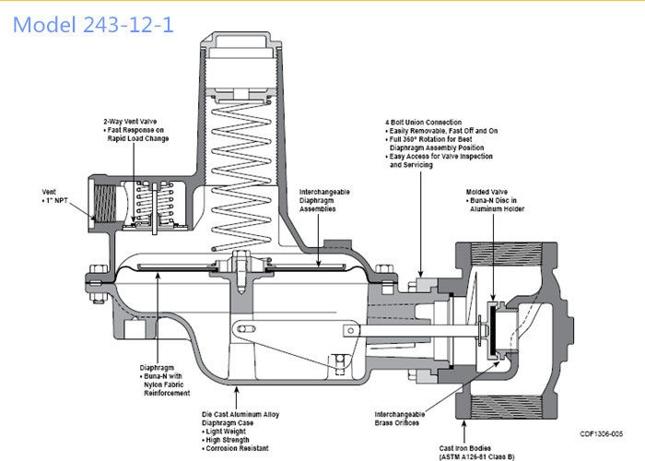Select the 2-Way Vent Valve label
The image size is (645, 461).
click(x=129, y=121)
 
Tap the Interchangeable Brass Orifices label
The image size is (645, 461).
click(x=402, y=416)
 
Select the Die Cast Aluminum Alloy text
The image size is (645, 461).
click(x=240, y=414)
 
